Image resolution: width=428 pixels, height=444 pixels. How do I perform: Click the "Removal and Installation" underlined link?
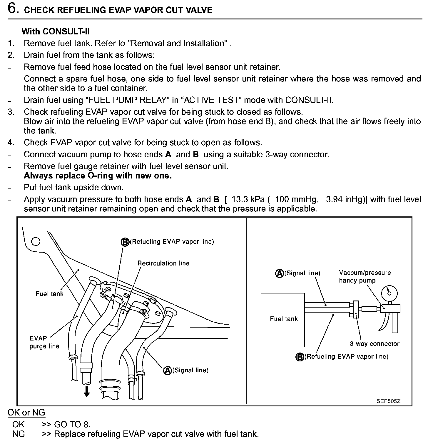click(x=178, y=44)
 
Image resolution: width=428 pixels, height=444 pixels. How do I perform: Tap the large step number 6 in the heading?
click(x=13, y=9)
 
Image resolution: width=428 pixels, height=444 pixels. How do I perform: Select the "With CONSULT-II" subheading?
click(x=56, y=31)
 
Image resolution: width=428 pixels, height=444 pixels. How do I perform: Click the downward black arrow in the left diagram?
click(x=86, y=392)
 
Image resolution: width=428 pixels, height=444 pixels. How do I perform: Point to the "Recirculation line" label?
click(x=163, y=263)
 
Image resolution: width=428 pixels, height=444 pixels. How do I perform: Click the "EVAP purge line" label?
click(x=44, y=342)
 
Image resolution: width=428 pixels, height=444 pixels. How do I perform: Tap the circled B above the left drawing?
click(x=125, y=242)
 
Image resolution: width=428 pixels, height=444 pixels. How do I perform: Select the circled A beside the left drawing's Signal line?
click(x=168, y=370)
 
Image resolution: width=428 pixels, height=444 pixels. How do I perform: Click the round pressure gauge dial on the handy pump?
click(x=389, y=293)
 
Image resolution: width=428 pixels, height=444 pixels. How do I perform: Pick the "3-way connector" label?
click(x=374, y=344)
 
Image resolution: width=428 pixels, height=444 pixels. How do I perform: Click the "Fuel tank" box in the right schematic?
click(x=283, y=320)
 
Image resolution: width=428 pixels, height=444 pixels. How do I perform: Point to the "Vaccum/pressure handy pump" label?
click(x=365, y=276)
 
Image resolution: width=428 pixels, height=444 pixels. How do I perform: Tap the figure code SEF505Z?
click(x=388, y=401)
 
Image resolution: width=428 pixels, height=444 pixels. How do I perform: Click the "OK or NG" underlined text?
click(x=26, y=413)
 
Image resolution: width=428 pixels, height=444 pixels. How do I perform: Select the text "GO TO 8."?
click(x=72, y=424)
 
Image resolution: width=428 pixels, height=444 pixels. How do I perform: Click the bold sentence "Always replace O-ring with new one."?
click(x=98, y=176)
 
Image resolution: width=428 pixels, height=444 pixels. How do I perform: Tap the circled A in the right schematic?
click(x=279, y=273)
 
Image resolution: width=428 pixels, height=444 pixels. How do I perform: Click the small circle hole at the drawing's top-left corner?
click(x=36, y=241)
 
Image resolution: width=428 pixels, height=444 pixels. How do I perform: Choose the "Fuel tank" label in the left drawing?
click(x=49, y=293)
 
